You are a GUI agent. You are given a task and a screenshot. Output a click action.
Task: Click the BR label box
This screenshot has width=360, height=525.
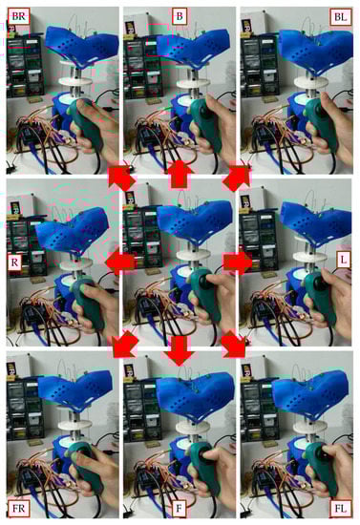tap(18, 16)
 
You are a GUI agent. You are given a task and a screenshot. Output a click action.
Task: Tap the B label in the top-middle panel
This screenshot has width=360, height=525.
tap(180, 16)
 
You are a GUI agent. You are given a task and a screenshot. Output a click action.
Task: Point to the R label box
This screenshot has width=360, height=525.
tap(14, 262)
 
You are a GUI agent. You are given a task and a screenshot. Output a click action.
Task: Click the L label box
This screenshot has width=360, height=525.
tap(343, 260)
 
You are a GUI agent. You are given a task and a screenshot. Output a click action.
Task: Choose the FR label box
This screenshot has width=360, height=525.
tap(19, 508)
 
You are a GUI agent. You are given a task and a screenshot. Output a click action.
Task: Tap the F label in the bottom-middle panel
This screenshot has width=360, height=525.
tap(180, 509)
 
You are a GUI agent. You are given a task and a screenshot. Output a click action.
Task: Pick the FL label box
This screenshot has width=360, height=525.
tap(341, 509)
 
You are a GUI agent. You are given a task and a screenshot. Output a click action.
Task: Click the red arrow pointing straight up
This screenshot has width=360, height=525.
tap(180, 174)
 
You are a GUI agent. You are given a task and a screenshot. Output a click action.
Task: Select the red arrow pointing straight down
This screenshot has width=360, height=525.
tap(180, 350)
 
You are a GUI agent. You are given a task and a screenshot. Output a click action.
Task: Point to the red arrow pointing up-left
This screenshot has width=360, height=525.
tap(122, 178)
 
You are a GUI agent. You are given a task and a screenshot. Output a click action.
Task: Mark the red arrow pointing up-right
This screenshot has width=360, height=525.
tap(237, 178)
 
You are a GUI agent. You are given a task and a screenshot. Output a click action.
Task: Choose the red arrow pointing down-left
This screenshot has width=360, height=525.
tap(124, 344)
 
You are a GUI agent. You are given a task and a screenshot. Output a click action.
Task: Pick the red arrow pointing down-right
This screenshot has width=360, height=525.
tap(234, 344)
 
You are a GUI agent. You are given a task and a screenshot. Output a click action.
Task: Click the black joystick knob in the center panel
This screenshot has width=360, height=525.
tap(204, 278)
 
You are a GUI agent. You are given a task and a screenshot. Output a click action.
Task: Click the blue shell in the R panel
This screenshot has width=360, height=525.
tap(72, 230)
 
